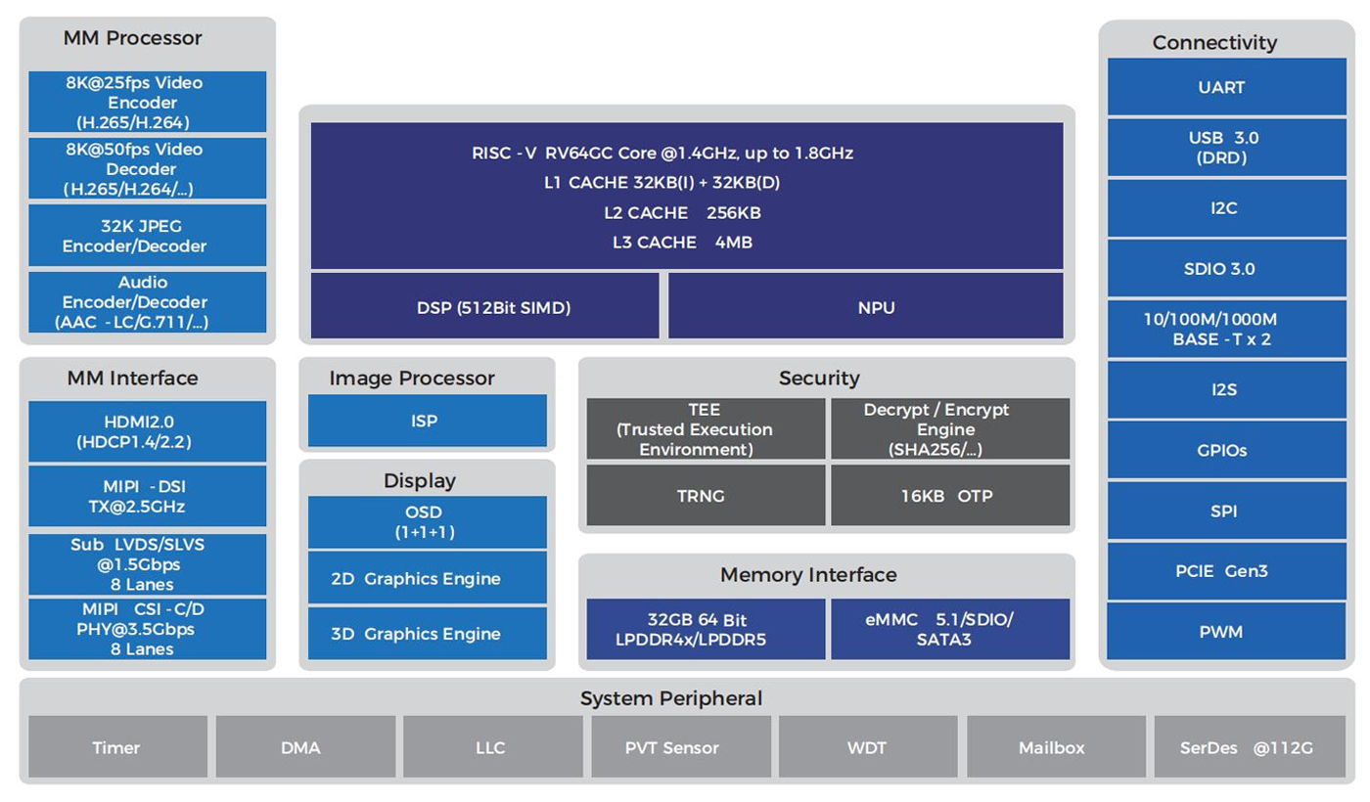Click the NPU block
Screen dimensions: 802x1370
(x=865, y=307)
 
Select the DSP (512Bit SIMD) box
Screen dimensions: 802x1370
(x=485, y=307)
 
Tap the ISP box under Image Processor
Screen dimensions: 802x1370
(x=427, y=421)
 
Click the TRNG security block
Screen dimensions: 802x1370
(x=704, y=495)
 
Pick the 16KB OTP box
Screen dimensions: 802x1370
(x=948, y=495)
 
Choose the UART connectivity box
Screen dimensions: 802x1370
(x=1221, y=87)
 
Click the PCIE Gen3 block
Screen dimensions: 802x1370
(x=1221, y=570)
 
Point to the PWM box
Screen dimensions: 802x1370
(x=1221, y=631)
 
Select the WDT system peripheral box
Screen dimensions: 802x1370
(x=867, y=747)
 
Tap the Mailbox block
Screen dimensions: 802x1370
(x=1053, y=747)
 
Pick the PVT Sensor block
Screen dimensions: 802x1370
(x=679, y=747)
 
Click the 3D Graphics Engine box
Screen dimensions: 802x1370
(x=427, y=634)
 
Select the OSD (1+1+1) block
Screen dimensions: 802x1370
(x=427, y=522)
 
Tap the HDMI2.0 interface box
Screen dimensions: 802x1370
(x=147, y=431)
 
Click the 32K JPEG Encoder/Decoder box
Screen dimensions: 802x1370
(x=147, y=236)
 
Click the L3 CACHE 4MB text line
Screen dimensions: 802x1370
(x=683, y=242)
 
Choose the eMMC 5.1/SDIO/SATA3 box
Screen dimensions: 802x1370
(x=949, y=629)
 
